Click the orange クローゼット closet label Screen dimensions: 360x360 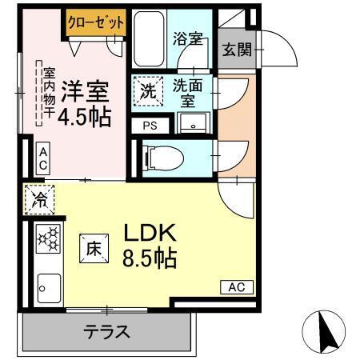tap(96, 22)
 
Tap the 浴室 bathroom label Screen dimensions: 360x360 tap(186, 39)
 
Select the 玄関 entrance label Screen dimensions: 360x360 tap(236, 50)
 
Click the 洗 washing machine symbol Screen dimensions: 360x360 tap(148, 91)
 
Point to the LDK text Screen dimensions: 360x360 tap(149, 234)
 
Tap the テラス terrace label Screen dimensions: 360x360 tap(106, 332)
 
